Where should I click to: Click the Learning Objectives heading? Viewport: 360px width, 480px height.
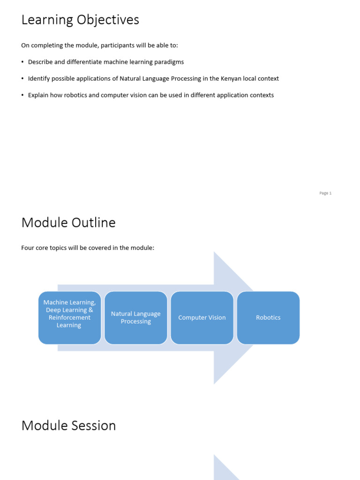pos(80,20)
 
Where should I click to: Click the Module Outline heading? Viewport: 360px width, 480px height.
pos(68,223)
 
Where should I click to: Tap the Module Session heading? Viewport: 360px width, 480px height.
pos(68,426)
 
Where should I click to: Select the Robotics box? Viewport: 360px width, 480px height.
pos(268,318)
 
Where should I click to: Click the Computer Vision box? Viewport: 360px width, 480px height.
pos(202,318)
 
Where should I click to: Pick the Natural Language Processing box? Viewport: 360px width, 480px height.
pos(136,318)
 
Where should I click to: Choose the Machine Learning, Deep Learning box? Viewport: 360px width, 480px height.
pos(69,318)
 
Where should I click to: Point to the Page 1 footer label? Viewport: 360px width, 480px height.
pos(325,193)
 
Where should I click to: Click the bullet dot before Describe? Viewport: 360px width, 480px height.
pos(22,62)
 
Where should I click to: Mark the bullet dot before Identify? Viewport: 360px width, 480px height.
pos(22,79)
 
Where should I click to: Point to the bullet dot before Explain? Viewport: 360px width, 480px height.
pos(22,95)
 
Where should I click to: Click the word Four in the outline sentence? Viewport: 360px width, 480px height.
pos(28,247)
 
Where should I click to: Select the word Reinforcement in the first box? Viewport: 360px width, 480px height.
pos(69,318)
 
